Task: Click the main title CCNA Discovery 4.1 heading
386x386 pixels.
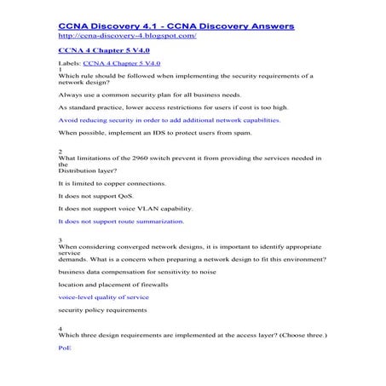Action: (176, 27)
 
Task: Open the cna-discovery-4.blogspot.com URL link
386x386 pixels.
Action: (128, 37)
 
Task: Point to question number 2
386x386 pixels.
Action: (60, 151)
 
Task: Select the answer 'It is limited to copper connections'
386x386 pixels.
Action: (112, 183)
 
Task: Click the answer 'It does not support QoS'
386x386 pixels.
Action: (96, 196)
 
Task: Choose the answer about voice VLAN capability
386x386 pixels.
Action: (124, 208)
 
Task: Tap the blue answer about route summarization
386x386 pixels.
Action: (120, 221)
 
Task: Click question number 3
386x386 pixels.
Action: (60, 240)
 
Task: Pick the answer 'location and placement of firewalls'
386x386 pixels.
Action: (112, 284)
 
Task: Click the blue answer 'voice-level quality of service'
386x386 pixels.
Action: (103, 297)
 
